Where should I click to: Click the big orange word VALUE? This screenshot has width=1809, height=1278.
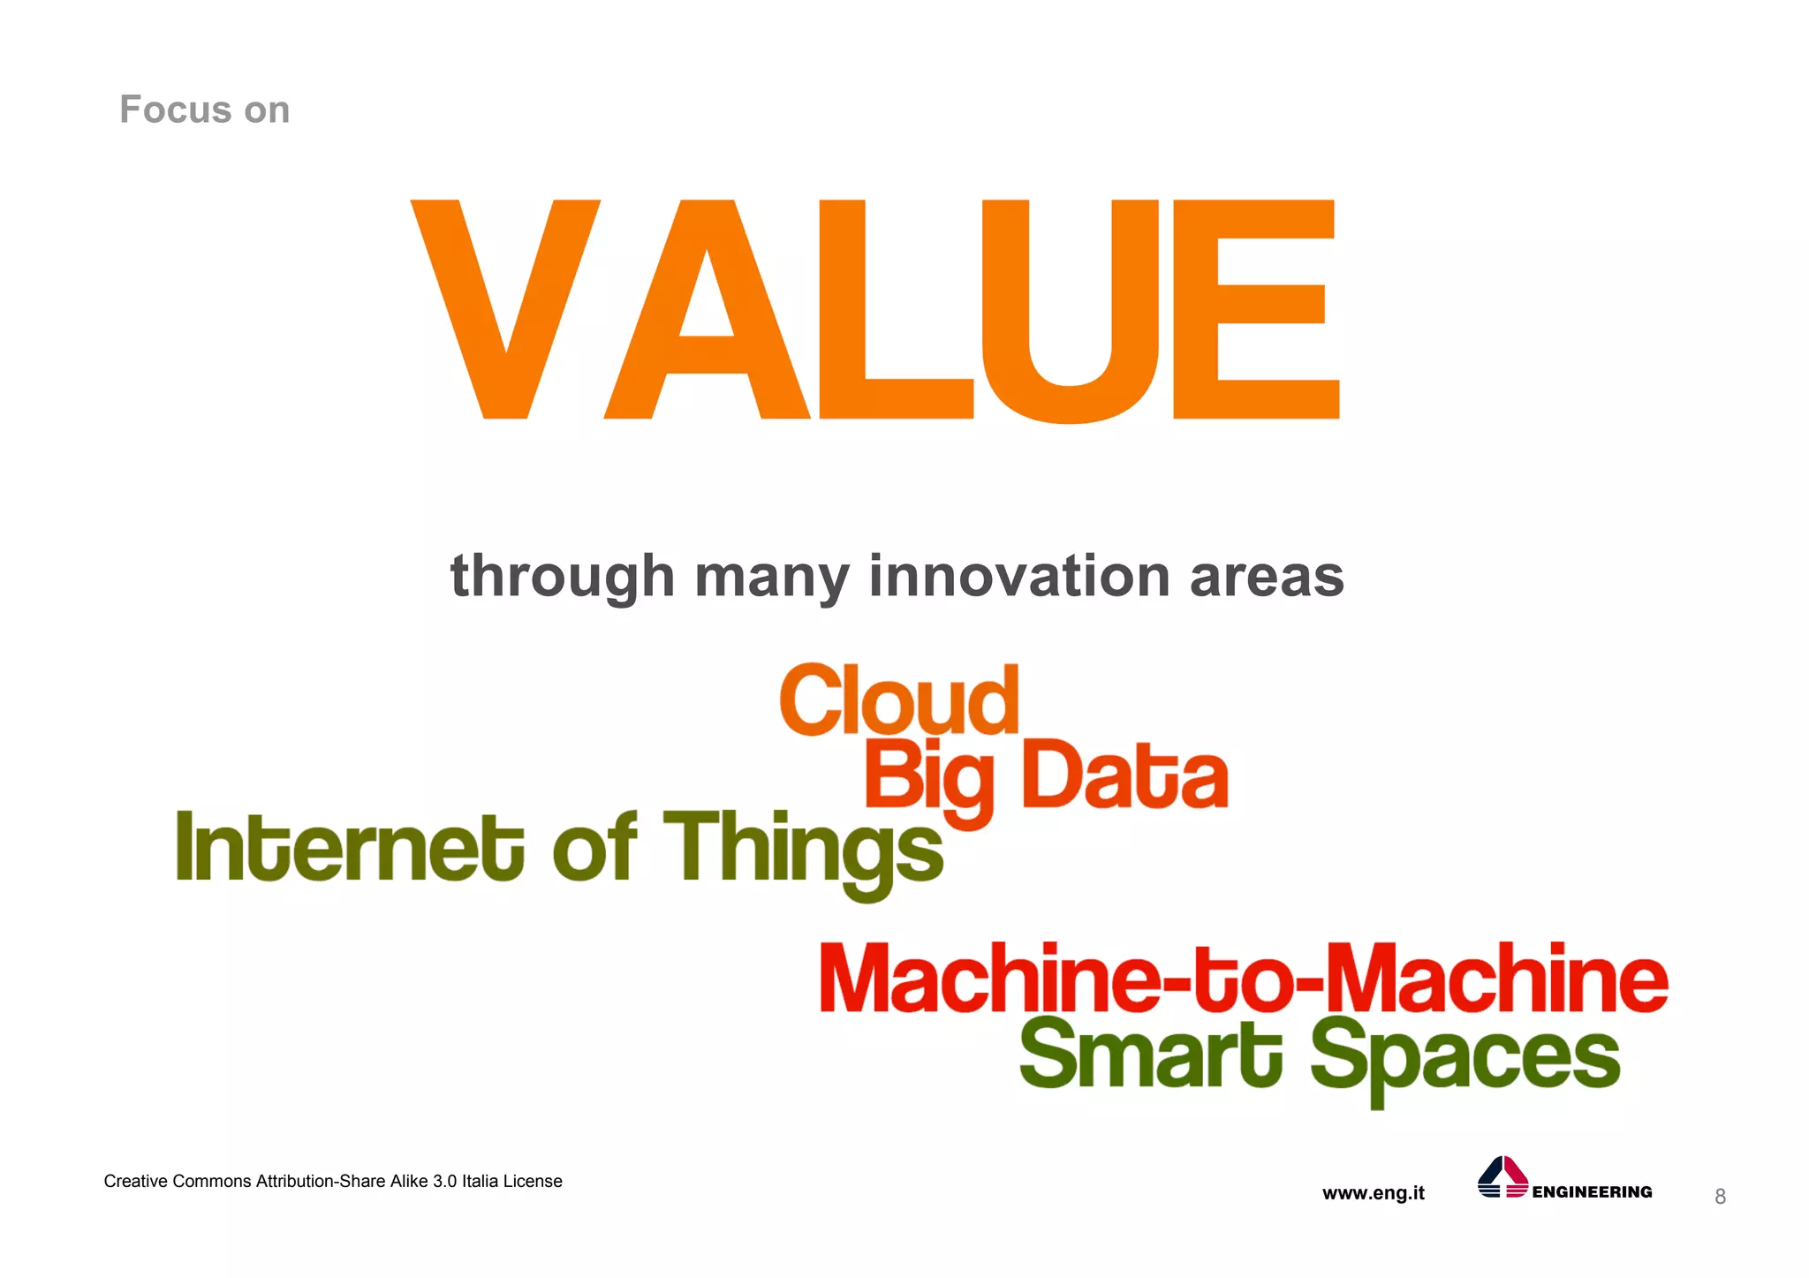tap(874, 309)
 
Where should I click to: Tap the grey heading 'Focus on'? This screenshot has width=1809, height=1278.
tap(204, 110)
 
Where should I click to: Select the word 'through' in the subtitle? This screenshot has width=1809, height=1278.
tap(563, 576)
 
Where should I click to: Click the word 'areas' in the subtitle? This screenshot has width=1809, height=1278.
tap(1267, 576)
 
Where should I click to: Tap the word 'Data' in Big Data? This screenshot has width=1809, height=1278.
tap(1124, 776)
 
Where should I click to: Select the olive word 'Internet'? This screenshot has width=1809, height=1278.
tap(350, 848)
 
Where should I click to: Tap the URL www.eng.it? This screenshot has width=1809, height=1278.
tap(1373, 1193)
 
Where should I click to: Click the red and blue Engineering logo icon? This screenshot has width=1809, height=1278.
tap(1502, 1177)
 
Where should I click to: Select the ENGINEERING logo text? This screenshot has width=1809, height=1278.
tap(1592, 1192)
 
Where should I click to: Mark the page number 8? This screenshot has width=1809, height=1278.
tap(1720, 1197)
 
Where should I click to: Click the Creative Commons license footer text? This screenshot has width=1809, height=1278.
tap(333, 1182)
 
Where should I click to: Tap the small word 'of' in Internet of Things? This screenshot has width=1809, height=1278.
tap(594, 848)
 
